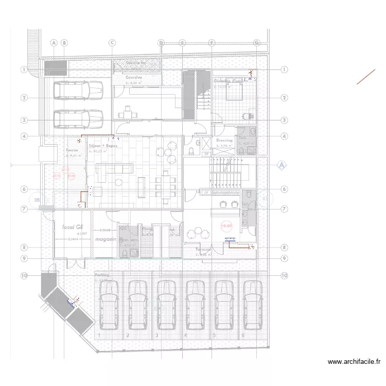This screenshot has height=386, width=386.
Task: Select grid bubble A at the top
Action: tap(54, 43)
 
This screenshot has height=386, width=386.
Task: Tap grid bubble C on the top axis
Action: tap(112, 43)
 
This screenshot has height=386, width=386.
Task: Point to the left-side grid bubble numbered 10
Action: tap(24, 275)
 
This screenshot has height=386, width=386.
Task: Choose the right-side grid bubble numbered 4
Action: tap(284, 136)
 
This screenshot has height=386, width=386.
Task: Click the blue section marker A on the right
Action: tap(281, 165)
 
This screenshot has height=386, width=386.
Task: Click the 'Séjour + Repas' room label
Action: tap(103, 146)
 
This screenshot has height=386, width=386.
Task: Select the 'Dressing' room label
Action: tap(224, 140)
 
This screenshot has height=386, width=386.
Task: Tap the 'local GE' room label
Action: tap(73, 226)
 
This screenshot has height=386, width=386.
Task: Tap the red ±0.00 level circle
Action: tap(226, 225)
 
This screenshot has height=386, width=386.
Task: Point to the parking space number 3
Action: tap(156, 335)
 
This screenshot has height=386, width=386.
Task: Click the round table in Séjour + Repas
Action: tap(118, 181)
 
